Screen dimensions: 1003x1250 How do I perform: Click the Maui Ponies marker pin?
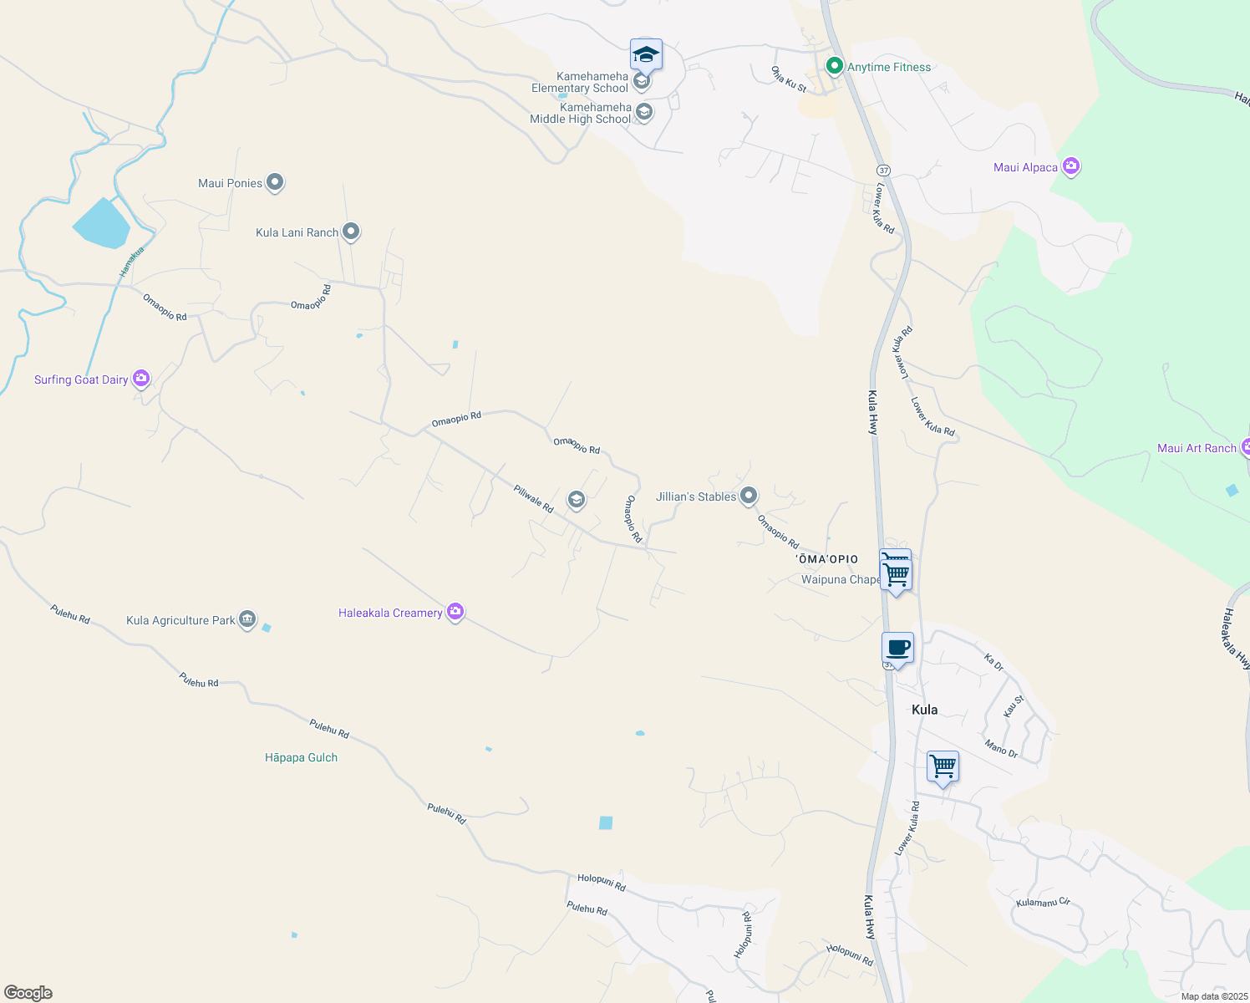(275, 183)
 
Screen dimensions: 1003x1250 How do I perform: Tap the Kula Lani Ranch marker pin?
(351, 232)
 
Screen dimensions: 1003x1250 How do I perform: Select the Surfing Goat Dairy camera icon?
(141, 379)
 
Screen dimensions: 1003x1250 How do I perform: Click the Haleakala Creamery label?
(390, 613)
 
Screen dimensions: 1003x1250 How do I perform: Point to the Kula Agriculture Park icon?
(247, 619)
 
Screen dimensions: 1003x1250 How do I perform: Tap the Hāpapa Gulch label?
(301, 758)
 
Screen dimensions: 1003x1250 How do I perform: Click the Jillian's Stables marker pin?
(749, 496)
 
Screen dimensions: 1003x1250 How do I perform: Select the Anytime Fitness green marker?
(833, 65)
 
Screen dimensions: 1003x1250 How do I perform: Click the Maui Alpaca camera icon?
(1071, 166)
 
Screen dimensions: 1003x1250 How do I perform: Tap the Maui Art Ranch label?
(1197, 449)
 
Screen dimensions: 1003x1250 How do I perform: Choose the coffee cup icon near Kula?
(897, 649)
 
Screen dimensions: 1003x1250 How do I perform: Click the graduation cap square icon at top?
(646, 55)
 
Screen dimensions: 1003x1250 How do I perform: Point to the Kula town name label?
(924, 710)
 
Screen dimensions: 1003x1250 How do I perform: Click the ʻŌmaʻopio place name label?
(827, 559)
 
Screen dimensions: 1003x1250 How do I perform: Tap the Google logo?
(28, 993)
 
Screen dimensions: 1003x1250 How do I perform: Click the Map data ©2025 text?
(1214, 996)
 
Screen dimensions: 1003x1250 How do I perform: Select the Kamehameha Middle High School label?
(581, 114)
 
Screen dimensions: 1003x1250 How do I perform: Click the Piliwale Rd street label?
(534, 499)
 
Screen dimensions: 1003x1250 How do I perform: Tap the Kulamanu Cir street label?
(1043, 903)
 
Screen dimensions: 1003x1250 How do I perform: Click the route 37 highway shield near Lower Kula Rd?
(884, 171)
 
